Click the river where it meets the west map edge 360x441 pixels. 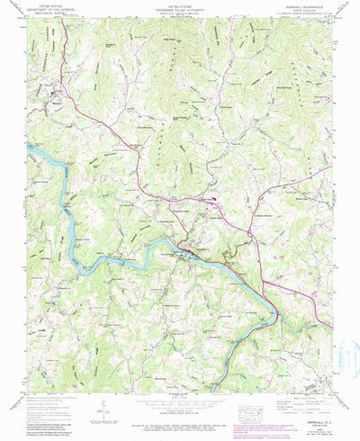[x=30, y=143]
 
